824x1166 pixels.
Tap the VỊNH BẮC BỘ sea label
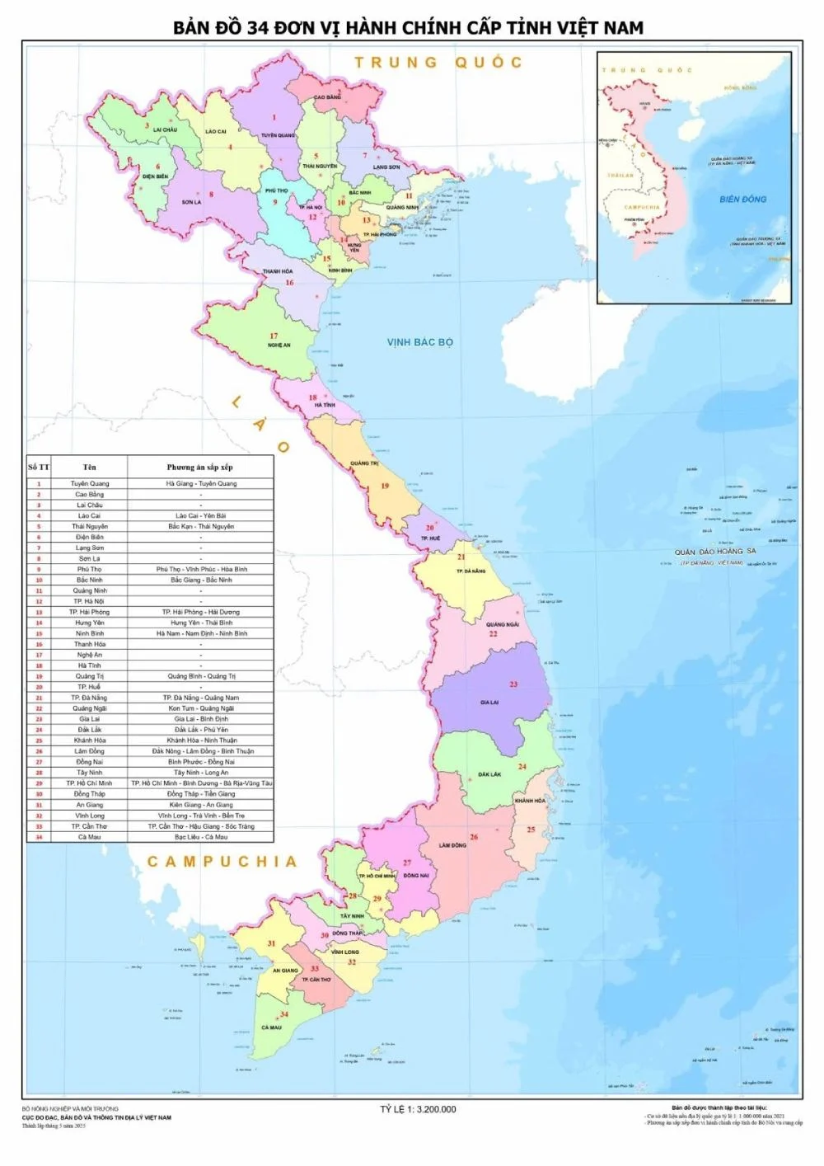coord(420,342)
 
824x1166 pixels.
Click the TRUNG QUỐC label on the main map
coord(438,62)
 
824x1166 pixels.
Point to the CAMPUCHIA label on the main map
coord(222,862)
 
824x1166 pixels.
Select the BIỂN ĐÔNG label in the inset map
coord(742,199)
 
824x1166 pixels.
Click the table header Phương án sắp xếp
coord(200,468)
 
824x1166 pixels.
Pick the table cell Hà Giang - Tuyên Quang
coord(200,483)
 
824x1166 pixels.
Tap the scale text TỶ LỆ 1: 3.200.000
coord(418,1109)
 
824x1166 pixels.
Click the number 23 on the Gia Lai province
coord(513,684)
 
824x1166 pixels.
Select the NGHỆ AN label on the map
coord(279,346)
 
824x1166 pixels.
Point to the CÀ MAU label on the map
coord(271,1027)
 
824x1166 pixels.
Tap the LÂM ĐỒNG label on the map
coord(452,845)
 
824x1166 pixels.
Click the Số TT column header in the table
coord(39,468)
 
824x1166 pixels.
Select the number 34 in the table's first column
coord(39,837)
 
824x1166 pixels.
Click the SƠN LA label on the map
coord(191,202)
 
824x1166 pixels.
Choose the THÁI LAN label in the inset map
coord(620,176)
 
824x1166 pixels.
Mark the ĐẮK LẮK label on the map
coord(489,774)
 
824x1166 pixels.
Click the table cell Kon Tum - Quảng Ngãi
coord(200,708)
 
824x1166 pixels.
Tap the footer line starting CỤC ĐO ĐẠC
coord(96,1117)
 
